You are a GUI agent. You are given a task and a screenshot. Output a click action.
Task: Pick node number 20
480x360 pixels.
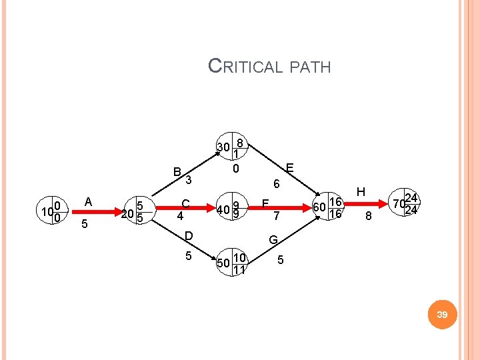click(x=127, y=213)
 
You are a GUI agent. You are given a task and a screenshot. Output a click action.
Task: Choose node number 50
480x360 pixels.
click(x=224, y=261)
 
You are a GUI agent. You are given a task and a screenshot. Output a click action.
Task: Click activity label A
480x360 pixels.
click(x=87, y=201)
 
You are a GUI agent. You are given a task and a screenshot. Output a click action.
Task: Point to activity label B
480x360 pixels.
click(x=177, y=172)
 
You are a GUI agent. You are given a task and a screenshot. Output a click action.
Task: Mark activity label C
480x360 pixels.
click(x=186, y=203)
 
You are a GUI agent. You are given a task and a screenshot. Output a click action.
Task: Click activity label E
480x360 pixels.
click(x=290, y=168)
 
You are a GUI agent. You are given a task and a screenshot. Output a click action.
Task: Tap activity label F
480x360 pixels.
click(x=265, y=203)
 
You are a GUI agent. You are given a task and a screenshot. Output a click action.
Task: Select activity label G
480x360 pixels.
click(x=273, y=239)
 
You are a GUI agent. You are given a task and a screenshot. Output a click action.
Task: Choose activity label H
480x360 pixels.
click(x=361, y=191)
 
